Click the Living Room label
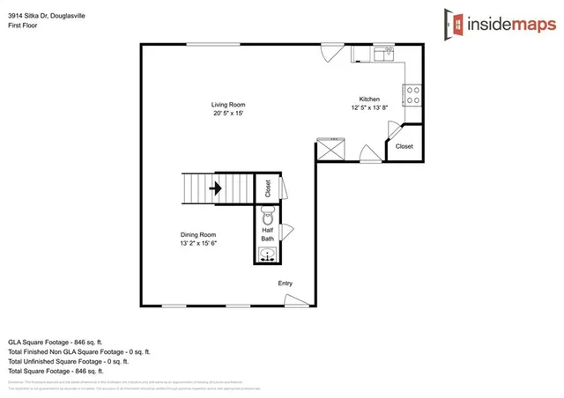click(227, 105)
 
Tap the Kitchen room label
click(369, 99)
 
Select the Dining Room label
click(198, 234)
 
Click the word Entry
click(286, 283)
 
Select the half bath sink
click(268, 255)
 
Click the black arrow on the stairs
click(214, 188)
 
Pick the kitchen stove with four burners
click(412, 94)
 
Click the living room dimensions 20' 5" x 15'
click(227, 114)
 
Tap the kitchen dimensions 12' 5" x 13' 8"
click(369, 107)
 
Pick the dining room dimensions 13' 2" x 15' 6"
click(198, 243)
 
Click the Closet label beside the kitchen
click(404, 146)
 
